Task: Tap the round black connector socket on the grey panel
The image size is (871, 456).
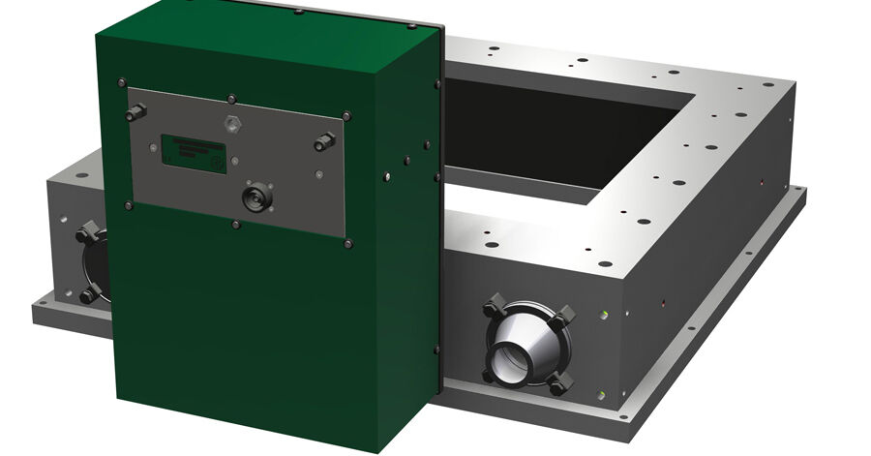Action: pos(257,197)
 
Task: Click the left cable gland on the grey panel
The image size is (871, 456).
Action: pos(135,114)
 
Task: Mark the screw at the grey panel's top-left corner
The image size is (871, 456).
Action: pos(121,82)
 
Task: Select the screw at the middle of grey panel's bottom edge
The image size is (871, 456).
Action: pos(236,225)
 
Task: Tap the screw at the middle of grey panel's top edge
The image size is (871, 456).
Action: pos(232,98)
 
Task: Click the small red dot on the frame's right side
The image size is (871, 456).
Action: pos(763,180)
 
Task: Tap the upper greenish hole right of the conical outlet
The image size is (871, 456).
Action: pos(605,315)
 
